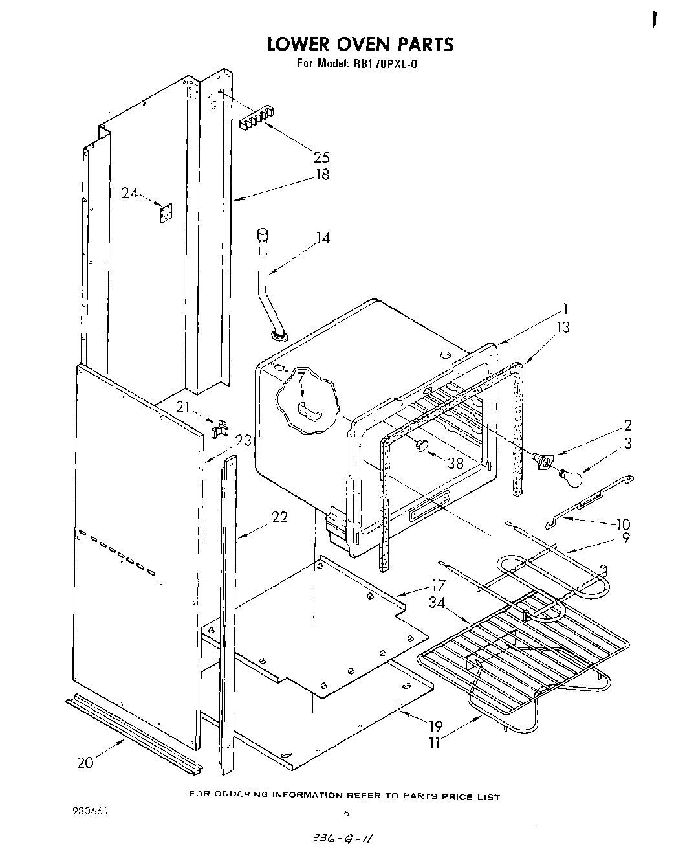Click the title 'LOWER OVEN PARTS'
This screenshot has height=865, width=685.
click(360, 44)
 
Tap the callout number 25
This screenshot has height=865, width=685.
click(321, 157)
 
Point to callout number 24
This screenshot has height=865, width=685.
click(129, 192)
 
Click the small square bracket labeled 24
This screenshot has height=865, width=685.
click(166, 212)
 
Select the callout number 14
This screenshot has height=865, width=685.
click(322, 238)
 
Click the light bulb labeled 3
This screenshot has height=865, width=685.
click(571, 478)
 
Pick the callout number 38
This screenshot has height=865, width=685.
click(455, 464)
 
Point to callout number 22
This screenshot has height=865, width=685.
click(279, 518)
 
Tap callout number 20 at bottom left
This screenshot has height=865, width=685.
click(85, 762)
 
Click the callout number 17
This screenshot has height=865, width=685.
click(438, 585)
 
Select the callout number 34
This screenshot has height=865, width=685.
click(437, 603)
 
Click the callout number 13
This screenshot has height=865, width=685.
click(562, 327)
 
